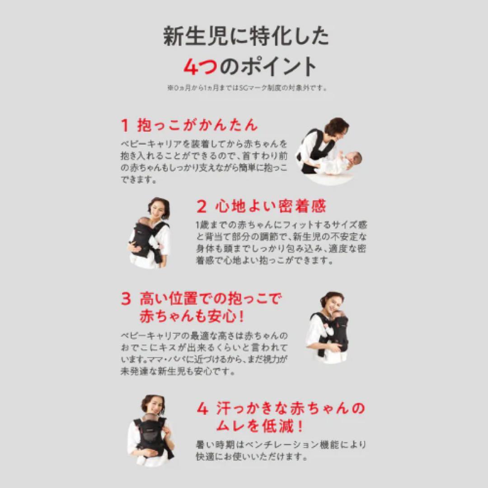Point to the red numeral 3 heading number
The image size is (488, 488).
126,299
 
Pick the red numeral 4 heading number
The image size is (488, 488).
202,409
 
